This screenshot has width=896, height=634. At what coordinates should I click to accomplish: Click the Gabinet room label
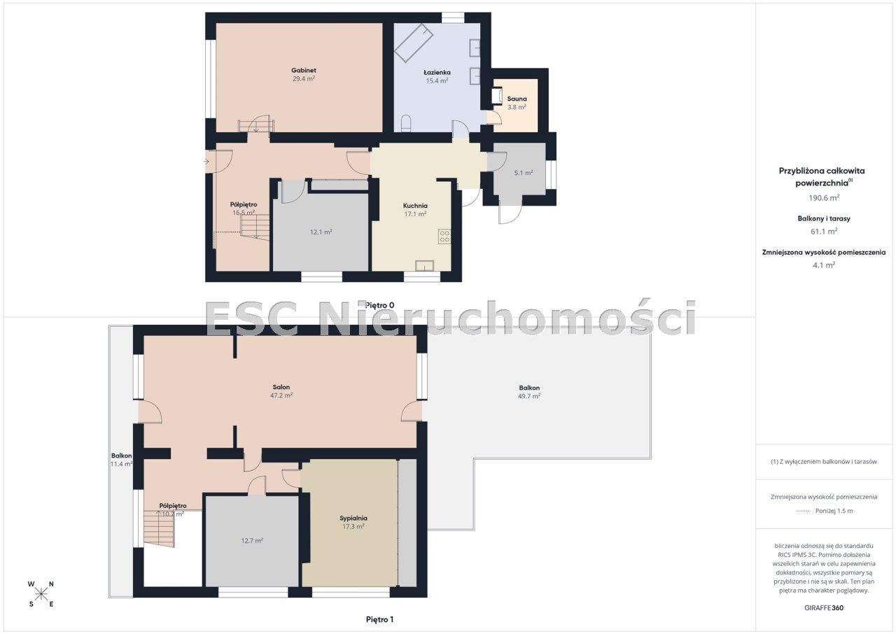(304, 71)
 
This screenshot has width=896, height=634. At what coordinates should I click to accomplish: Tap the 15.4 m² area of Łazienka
(437, 80)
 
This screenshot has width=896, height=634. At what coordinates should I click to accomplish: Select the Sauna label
(517, 99)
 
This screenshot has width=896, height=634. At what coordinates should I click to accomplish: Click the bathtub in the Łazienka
(414, 43)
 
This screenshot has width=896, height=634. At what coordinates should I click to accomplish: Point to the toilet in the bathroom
(406, 123)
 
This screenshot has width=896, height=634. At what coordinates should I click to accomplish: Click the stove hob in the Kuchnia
(444, 237)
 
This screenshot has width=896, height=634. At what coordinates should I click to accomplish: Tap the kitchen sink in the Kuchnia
(424, 266)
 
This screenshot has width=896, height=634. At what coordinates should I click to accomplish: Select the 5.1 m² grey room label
(523, 173)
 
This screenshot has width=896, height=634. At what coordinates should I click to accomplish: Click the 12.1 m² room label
(321, 232)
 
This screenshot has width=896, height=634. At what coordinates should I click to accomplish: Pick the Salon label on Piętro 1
(281, 387)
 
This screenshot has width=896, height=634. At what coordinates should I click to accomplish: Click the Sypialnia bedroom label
(353, 518)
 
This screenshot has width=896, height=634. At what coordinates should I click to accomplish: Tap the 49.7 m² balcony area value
(529, 396)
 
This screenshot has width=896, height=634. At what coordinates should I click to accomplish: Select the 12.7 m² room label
(252, 541)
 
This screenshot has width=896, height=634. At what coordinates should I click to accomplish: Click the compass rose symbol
(41, 594)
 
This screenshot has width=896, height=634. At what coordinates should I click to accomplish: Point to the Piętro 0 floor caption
(379, 305)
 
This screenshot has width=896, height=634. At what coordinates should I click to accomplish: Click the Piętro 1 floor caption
(379, 619)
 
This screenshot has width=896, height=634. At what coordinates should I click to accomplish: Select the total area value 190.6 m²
(824, 198)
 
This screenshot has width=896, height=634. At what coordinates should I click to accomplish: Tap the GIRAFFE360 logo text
(824, 608)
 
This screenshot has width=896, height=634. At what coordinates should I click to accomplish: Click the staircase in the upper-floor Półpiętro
(159, 528)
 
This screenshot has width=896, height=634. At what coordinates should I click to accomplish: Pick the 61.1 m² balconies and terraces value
(824, 232)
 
